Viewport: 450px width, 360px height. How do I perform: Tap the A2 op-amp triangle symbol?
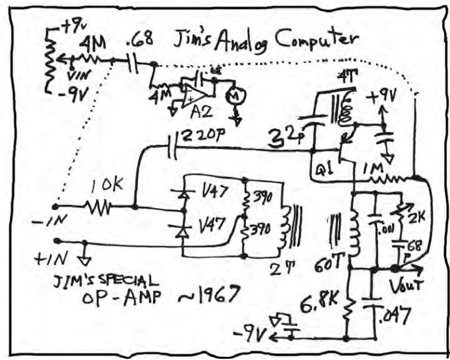pyautogui.click(x=197, y=94)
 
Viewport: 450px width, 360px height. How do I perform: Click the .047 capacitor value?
pyautogui.click(x=392, y=318)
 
